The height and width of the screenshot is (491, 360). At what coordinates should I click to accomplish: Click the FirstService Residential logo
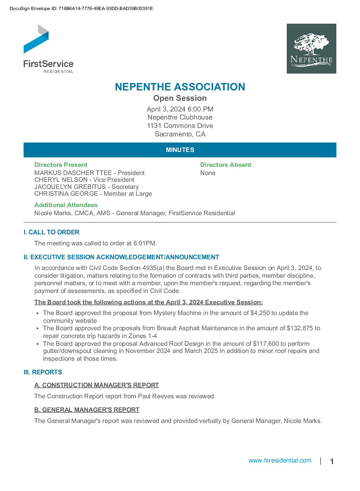(x=48, y=49)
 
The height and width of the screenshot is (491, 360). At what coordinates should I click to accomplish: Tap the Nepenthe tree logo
(x=311, y=49)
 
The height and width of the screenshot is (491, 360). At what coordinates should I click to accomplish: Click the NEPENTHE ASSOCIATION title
(x=180, y=87)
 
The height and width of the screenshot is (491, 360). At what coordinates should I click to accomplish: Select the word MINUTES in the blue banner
(x=180, y=150)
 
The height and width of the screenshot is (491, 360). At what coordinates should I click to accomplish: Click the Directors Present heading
(x=61, y=165)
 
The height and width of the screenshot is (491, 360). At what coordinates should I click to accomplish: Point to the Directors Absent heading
(x=226, y=165)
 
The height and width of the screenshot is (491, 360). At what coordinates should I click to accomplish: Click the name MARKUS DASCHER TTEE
(x=73, y=173)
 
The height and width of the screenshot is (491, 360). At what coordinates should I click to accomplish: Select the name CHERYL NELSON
(x=61, y=180)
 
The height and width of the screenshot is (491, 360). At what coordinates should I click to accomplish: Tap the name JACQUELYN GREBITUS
(x=70, y=187)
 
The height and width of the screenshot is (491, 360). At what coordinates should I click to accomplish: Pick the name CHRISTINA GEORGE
(x=66, y=193)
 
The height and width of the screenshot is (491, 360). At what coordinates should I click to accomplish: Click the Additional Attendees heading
(x=66, y=205)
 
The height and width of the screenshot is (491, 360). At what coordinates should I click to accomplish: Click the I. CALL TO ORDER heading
(x=51, y=232)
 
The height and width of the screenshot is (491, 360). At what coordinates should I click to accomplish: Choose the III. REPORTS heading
(x=43, y=372)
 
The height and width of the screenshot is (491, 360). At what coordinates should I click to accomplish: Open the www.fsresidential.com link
(x=280, y=460)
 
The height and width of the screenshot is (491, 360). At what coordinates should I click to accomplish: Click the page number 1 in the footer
(x=332, y=461)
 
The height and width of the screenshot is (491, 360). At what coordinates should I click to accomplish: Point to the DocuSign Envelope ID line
(x=81, y=8)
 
